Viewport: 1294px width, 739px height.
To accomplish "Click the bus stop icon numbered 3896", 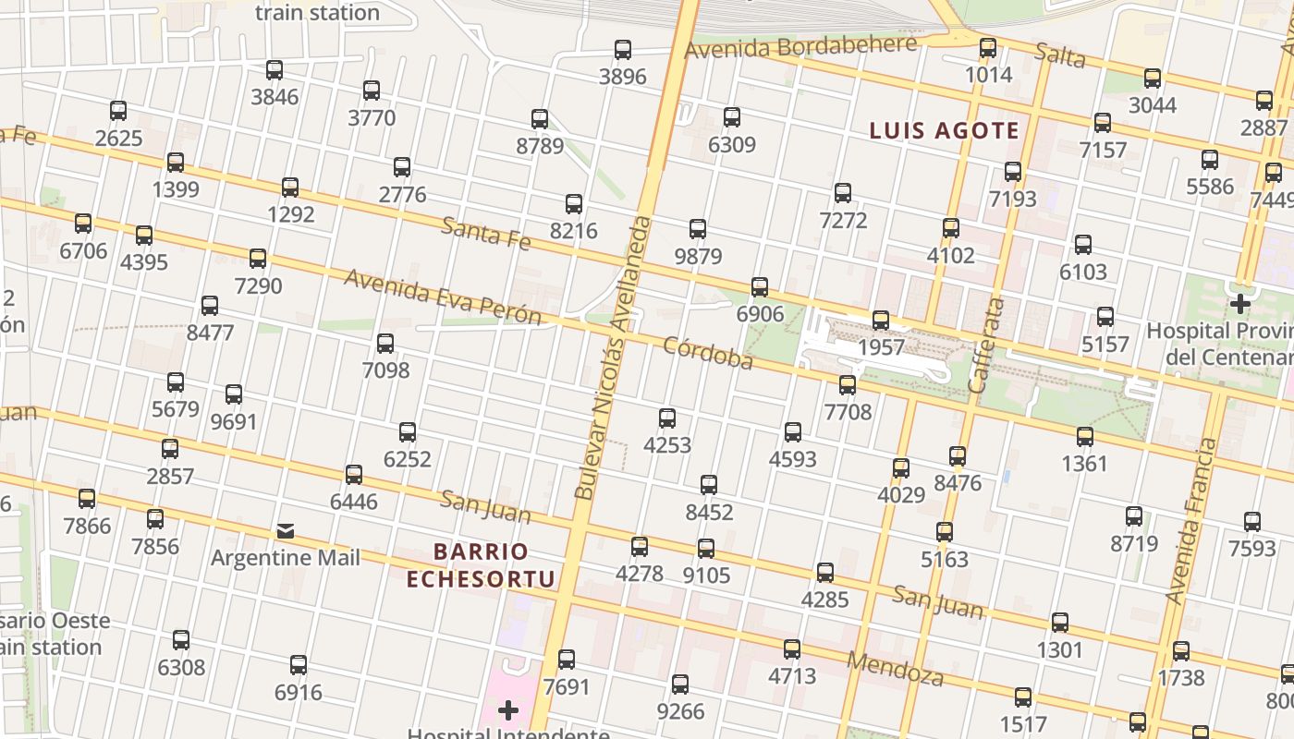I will [x=623, y=50].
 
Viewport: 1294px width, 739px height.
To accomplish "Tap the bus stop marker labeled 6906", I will [x=760, y=287].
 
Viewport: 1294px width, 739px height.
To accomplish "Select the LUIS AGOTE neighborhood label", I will [x=944, y=131].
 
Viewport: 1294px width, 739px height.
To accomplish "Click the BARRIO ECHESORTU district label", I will [x=481, y=565].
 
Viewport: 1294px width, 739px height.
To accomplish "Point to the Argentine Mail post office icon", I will [x=286, y=531].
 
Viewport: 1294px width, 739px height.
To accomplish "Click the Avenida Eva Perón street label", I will [x=442, y=297].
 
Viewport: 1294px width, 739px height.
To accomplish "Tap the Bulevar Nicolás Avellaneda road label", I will [x=613, y=358].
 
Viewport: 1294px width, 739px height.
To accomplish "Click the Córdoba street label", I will [x=708, y=353].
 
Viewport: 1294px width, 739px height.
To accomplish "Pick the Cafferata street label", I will [x=985, y=345].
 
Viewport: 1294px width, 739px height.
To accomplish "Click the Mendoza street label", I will [x=895, y=669].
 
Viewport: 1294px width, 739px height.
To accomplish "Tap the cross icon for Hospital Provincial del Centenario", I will [x=1239, y=303].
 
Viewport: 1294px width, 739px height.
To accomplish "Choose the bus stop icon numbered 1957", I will [x=881, y=321].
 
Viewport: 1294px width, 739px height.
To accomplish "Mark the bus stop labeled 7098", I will [x=385, y=344].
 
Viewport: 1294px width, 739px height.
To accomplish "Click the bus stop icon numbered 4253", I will [x=667, y=418].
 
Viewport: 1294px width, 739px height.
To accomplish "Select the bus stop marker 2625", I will [x=118, y=111].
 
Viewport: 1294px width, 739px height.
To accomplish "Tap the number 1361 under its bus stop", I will [x=1084, y=463].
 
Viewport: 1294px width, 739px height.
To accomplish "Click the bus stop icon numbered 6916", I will [x=298, y=665].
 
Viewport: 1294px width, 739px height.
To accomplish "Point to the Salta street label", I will [x=1059, y=55].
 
